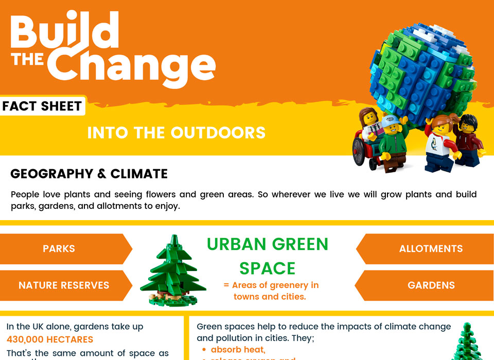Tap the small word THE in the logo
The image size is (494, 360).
pos(28,60)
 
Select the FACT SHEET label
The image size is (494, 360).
pos(42,106)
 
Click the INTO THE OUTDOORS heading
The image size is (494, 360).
pos(176,133)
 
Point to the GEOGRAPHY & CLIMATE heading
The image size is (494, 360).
pos(89,174)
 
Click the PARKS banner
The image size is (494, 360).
pos(59,249)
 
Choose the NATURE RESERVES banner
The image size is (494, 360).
pos(64,285)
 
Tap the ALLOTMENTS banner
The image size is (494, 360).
pos(431,249)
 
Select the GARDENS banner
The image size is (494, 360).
pos(431,285)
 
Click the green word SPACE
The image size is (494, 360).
pos(268,268)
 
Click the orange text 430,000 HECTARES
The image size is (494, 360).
pos(50,339)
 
